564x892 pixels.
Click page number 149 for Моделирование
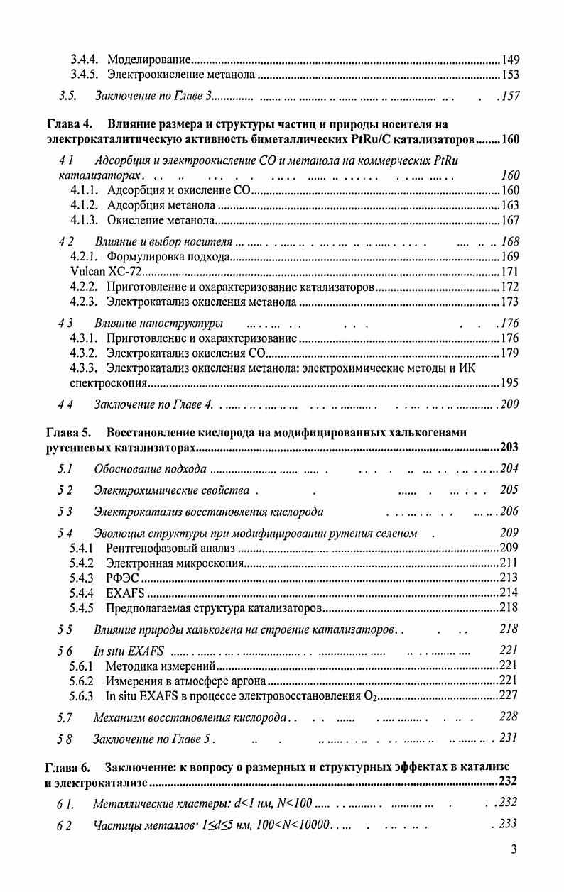[x=510, y=59]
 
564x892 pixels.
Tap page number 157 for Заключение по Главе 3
[x=510, y=96]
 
